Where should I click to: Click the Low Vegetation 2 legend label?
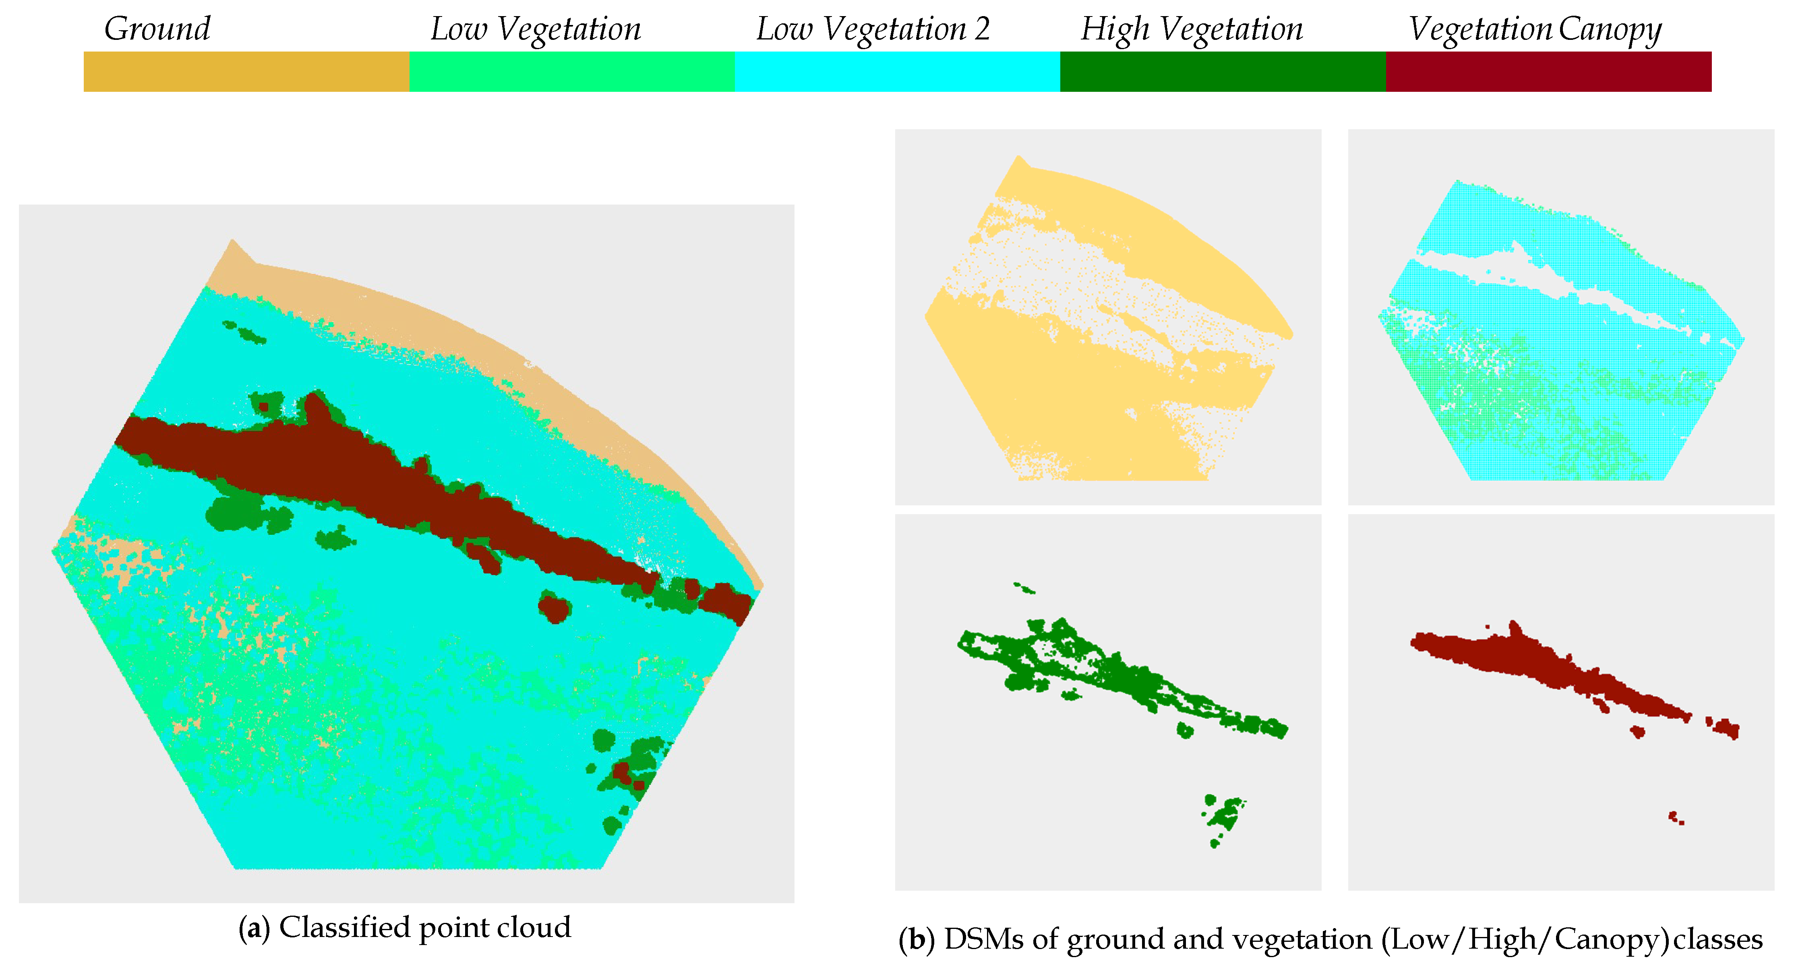873,29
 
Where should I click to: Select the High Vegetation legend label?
1192,29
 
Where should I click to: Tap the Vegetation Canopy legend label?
1535,29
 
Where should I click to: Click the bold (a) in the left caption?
254,928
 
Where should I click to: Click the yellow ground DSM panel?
1107,317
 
